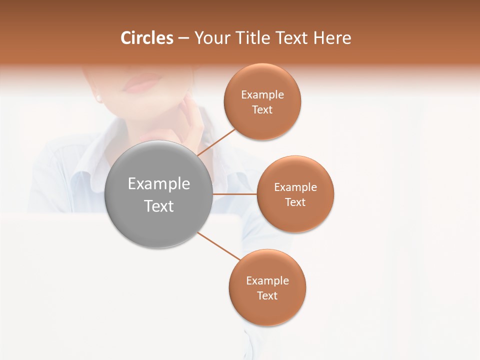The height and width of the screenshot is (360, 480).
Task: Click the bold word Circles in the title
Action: point(147,38)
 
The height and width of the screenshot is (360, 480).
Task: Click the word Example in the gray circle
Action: point(159,184)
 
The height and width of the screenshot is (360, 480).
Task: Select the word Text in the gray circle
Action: point(159,206)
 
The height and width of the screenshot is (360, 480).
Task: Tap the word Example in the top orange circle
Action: point(262,94)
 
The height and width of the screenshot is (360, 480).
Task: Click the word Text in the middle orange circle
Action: point(295,202)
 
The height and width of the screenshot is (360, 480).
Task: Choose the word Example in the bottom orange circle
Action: point(267,280)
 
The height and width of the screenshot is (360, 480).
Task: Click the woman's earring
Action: point(98,98)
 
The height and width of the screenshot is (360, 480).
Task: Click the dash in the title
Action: point(183,38)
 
